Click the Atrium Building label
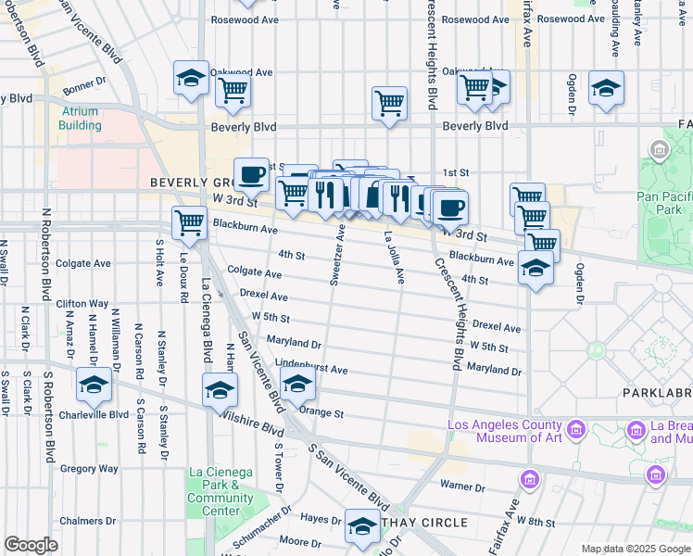click(82, 119)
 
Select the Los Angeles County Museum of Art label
click(504, 431)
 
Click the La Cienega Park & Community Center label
click(220, 491)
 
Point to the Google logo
click(31, 545)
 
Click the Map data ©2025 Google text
click(635, 549)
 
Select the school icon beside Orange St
click(297, 385)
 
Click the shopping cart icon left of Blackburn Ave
click(189, 221)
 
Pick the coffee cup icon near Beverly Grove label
click(251, 173)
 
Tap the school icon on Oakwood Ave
click(191, 79)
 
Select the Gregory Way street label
click(89, 469)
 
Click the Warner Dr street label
click(462, 486)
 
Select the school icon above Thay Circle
click(360, 524)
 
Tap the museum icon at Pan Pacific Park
click(660, 149)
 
